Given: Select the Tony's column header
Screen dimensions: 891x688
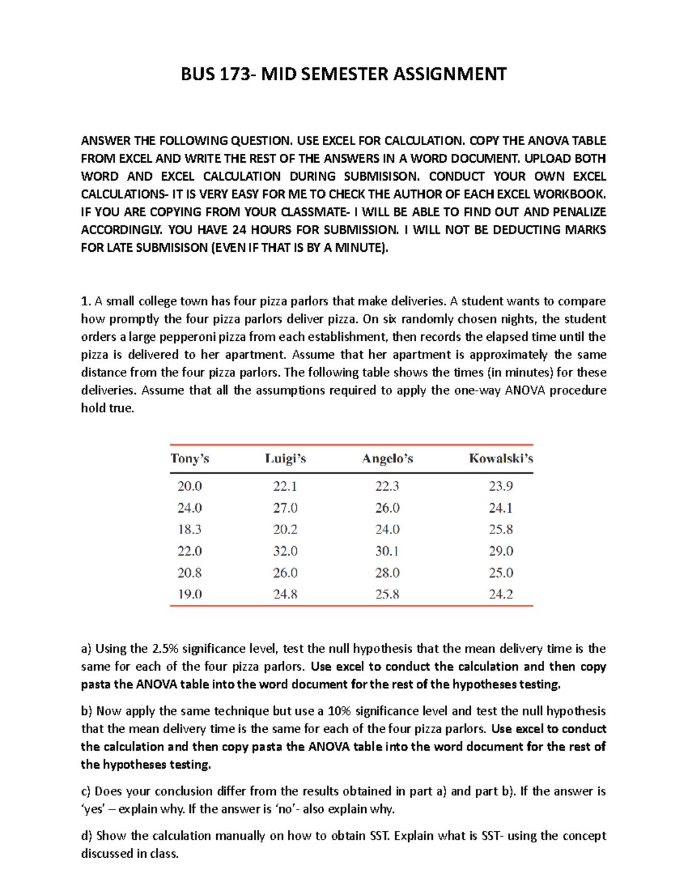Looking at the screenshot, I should [190, 458].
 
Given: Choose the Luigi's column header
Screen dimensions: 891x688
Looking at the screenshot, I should [285, 458].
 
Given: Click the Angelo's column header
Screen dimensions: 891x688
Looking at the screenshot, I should [388, 458].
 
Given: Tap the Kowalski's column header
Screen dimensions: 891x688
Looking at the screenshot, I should [501, 458].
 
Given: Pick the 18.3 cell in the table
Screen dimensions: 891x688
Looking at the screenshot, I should [189, 530].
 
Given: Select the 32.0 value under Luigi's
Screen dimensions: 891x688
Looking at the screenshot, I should [285, 551].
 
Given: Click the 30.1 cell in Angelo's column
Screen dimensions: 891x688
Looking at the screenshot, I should [387, 551].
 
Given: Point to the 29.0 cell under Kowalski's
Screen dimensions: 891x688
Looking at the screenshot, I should [501, 551].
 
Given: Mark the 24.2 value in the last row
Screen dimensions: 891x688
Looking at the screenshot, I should [501, 594].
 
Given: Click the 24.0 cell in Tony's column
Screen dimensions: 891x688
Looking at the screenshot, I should [189, 508].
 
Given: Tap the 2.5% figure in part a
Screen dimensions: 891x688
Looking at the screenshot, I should [166, 649].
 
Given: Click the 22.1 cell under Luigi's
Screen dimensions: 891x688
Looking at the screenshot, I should [285, 487].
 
